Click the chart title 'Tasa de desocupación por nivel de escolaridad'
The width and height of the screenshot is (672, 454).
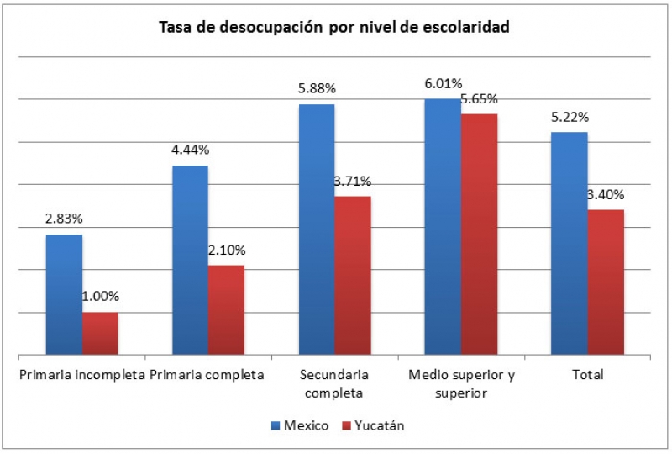pos(335,27)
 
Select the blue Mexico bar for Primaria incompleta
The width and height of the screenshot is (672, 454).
pos(64,294)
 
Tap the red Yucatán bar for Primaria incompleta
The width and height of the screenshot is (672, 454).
pos(100,333)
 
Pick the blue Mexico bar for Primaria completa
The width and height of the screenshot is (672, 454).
pos(190,260)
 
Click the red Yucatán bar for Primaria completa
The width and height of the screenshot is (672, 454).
pos(226,309)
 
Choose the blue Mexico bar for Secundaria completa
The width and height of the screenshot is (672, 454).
pos(317,230)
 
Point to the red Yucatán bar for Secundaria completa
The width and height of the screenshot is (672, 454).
pos(353,275)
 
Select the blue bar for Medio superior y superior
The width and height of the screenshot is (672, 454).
pos(443,226)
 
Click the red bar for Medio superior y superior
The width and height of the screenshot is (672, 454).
pos(479,234)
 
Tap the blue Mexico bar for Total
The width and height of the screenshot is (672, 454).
pos(569,243)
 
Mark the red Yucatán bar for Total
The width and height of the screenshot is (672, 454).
pos(606,282)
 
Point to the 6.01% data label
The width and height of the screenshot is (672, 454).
pos(443,83)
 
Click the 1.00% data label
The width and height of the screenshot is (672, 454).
pos(100,296)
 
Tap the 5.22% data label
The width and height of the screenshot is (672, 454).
pos(570,117)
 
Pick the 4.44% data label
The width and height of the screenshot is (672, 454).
pos(191,150)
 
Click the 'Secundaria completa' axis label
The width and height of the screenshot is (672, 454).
pos(334,383)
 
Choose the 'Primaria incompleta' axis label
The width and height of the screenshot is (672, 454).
pos(82,375)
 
